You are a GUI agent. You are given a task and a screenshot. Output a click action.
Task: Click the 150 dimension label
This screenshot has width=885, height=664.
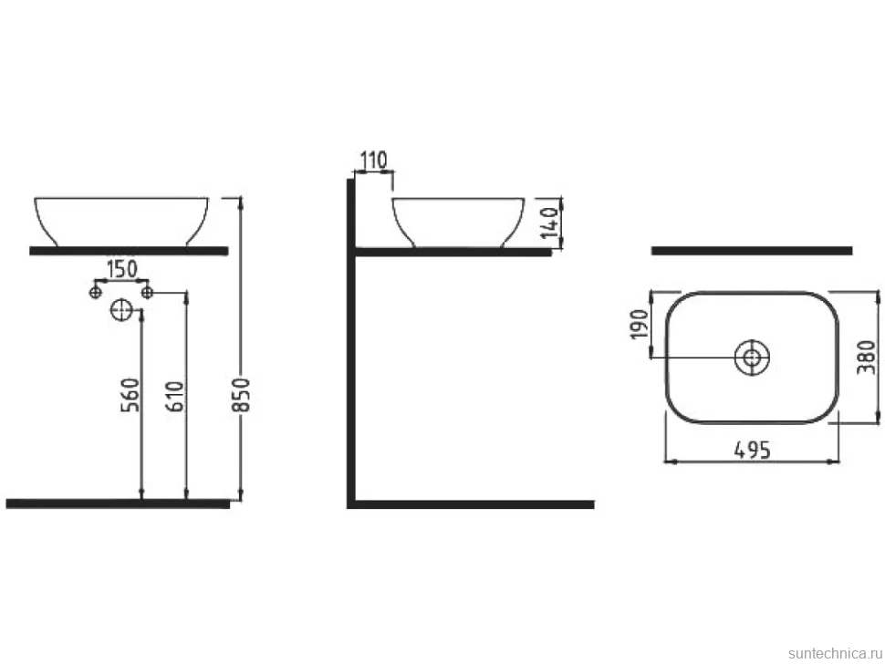click(122, 269)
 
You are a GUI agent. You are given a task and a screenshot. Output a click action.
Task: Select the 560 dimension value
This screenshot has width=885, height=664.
click(130, 395)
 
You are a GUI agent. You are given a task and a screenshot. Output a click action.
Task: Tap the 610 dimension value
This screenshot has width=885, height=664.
click(175, 397)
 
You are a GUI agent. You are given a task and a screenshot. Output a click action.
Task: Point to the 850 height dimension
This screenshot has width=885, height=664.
click(241, 394)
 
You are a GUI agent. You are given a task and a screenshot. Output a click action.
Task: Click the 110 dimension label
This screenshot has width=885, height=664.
click(374, 161)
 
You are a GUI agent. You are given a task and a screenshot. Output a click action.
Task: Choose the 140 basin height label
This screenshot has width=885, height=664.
click(549, 223)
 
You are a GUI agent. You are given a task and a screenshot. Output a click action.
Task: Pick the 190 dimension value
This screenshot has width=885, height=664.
click(640, 324)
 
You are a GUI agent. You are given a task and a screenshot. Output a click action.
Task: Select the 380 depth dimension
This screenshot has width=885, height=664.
click(867, 358)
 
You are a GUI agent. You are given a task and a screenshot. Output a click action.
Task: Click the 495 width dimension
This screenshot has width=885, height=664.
click(752, 450)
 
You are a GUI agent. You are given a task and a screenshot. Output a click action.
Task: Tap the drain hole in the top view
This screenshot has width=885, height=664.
click(752, 358)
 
